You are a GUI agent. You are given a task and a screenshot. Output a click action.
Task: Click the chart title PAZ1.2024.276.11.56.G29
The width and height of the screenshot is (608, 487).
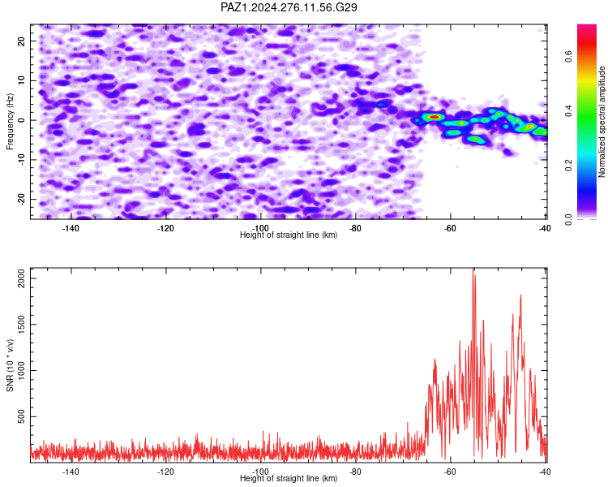(289, 7)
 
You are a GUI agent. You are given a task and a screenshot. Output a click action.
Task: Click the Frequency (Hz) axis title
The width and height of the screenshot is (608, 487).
(10, 122)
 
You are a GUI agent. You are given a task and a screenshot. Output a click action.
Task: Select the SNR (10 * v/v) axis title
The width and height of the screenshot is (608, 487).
(10, 365)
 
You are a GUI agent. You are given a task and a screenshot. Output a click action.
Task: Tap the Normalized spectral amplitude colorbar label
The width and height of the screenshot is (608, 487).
(602, 122)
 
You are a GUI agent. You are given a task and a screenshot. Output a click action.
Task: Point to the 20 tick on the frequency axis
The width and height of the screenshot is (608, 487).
(22, 41)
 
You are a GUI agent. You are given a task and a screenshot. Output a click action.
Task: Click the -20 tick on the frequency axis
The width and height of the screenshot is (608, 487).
(22, 199)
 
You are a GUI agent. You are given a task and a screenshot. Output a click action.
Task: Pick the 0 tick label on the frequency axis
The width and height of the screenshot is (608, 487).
(22, 120)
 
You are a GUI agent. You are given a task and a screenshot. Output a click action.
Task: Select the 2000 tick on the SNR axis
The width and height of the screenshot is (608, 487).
(22, 278)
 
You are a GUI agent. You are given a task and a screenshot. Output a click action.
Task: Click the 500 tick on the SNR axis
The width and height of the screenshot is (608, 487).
(22, 416)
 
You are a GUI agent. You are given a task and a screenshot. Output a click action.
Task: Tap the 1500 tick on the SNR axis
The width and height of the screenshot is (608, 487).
(22, 325)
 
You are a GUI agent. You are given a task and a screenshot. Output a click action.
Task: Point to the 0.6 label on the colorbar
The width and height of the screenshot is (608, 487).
(568, 57)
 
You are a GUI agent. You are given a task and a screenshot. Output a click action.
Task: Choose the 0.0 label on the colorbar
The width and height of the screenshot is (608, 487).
(568, 219)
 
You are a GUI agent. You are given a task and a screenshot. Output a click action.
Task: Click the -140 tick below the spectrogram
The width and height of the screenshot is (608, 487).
(71, 228)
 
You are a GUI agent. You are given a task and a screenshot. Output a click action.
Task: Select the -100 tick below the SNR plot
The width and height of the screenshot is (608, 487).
(260, 472)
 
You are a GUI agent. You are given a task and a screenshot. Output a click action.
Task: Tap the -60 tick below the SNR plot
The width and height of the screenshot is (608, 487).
(450, 472)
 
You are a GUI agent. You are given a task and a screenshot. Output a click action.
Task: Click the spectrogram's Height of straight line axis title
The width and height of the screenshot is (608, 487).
(289, 235)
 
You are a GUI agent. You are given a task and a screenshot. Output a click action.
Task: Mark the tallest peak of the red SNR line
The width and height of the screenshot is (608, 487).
(473, 269)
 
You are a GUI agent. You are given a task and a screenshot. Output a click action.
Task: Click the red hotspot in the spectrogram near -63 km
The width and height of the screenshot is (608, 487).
(435, 117)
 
